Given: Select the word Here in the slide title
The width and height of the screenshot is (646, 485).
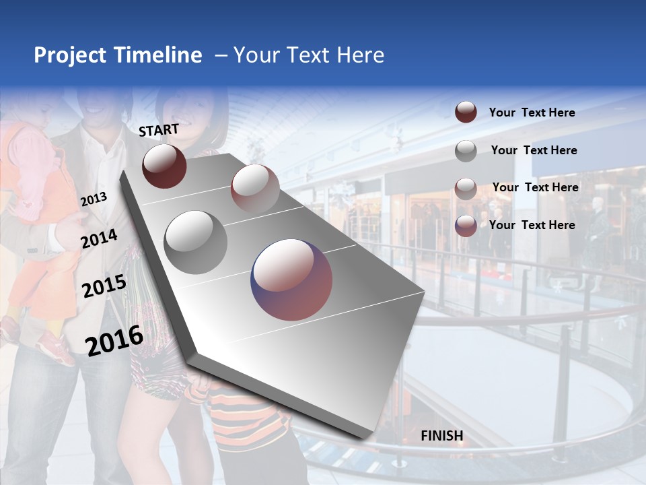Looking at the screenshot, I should (x=359, y=55).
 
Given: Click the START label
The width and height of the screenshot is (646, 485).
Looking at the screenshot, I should (x=159, y=130).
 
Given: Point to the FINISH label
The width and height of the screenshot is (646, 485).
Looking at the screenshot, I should (x=442, y=436).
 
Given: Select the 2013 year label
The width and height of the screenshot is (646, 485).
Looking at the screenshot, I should (x=94, y=199).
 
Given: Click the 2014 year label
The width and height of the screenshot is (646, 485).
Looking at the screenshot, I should (x=99, y=238).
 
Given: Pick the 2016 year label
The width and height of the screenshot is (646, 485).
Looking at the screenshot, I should (x=114, y=340).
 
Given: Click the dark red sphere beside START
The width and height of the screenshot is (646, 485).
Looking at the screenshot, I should (x=164, y=166).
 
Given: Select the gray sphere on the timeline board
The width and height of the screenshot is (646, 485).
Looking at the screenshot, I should (x=196, y=242).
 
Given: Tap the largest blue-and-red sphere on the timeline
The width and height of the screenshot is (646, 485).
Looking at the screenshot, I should (x=291, y=280).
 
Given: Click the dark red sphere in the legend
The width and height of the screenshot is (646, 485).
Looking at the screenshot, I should (x=466, y=112).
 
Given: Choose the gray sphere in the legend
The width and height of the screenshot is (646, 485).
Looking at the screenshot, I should (x=466, y=151).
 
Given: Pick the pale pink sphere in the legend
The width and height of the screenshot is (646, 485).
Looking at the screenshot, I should (x=466, y=189).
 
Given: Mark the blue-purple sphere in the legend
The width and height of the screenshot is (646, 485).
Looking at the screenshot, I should (x=466, y=226).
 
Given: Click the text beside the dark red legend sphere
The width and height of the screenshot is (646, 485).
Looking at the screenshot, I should (x=532, y=112).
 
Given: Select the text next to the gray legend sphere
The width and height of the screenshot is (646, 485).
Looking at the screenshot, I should (x=534, y=150).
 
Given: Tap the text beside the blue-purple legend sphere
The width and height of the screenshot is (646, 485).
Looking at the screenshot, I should (x=532, y=225).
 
